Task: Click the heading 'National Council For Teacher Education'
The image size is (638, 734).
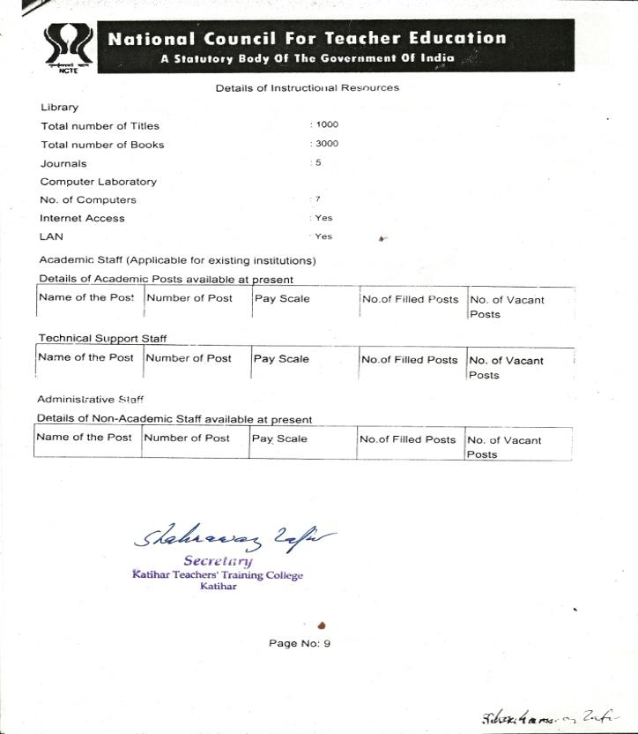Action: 307,39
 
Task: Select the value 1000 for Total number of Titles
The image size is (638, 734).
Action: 326,125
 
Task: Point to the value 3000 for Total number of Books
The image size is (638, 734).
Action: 326,144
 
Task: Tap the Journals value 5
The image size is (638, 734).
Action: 318,162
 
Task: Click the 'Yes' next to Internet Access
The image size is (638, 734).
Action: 323,218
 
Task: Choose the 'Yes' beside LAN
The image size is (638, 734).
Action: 323,236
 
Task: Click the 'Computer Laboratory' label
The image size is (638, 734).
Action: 98,182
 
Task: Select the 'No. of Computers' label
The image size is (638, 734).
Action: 88,200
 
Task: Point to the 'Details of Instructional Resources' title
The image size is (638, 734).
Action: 307,88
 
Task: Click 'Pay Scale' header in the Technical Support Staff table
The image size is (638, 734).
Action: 281,359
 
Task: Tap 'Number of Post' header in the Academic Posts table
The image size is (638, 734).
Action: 189,298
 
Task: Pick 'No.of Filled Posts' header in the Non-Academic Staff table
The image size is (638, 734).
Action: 407,439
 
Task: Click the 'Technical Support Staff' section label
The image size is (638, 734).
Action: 102,339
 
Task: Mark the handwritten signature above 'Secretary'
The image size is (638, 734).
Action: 233,536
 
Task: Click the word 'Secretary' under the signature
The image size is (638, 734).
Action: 218,561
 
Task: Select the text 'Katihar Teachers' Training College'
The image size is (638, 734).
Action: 218,575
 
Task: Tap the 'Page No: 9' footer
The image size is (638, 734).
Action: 300,643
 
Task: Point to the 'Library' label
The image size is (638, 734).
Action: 59,108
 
